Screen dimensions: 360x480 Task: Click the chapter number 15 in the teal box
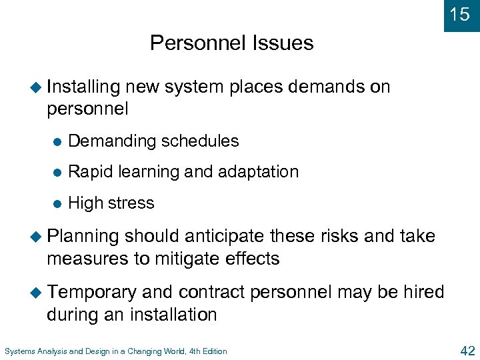point(460,14)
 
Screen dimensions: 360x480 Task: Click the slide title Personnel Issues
point(231,43)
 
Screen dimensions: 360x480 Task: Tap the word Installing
point(83,87)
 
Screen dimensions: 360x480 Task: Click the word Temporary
point(92,292)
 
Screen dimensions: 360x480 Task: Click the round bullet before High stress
point(58,204)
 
